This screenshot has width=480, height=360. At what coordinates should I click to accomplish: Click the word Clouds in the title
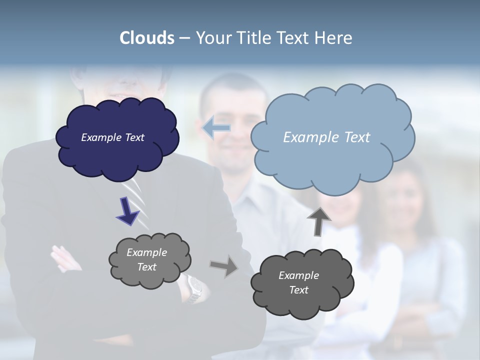point(146,38)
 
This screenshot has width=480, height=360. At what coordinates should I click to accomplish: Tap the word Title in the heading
point(254,38)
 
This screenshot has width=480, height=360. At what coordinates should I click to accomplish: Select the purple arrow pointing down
point(127,211)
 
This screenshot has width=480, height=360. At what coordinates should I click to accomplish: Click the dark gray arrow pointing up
point(319,220)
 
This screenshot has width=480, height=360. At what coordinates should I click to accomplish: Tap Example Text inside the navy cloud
point(112,137)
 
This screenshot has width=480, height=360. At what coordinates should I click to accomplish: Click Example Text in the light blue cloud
point(326,137)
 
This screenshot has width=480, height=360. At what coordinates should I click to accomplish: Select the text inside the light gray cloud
point(146,259)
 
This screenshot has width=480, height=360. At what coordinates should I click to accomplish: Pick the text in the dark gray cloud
point(298,282)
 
